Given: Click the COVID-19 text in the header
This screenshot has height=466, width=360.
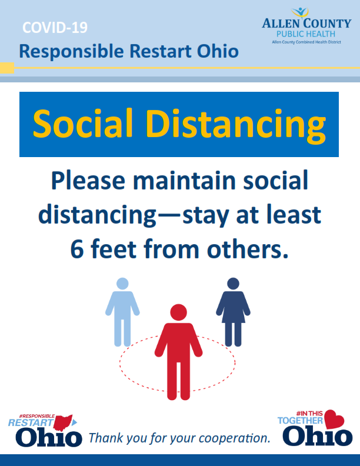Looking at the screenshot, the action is pos(55,28).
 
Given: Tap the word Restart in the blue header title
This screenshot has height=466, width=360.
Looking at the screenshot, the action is pos(161,51).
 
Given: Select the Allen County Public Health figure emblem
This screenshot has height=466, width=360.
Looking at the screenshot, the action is pos(301,12).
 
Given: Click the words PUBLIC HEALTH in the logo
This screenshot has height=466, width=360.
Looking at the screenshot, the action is pos(306,34).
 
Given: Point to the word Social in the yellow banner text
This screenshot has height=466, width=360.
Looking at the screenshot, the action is pos(82,124).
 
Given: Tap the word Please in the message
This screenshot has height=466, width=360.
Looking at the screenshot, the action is pos(88,181).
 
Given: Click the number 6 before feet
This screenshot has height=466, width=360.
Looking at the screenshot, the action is pos(77,249).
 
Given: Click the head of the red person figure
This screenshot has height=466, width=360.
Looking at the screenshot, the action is pos(178,312).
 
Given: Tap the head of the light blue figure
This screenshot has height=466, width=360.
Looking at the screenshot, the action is pos(122,284).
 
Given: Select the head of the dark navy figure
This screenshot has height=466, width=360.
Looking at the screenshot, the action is pos(233,284).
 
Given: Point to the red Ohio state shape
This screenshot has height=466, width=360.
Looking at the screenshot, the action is pos(63,423).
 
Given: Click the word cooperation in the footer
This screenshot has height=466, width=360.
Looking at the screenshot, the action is pos(234,438).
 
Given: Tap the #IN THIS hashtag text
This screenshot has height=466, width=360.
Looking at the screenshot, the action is pos(309,414).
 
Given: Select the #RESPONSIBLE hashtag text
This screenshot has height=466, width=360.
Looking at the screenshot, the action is pos(37,416).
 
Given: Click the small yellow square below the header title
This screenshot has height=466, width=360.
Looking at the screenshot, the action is pos(7,68).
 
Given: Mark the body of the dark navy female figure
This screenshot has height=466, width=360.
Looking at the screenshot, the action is pos(233,318).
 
